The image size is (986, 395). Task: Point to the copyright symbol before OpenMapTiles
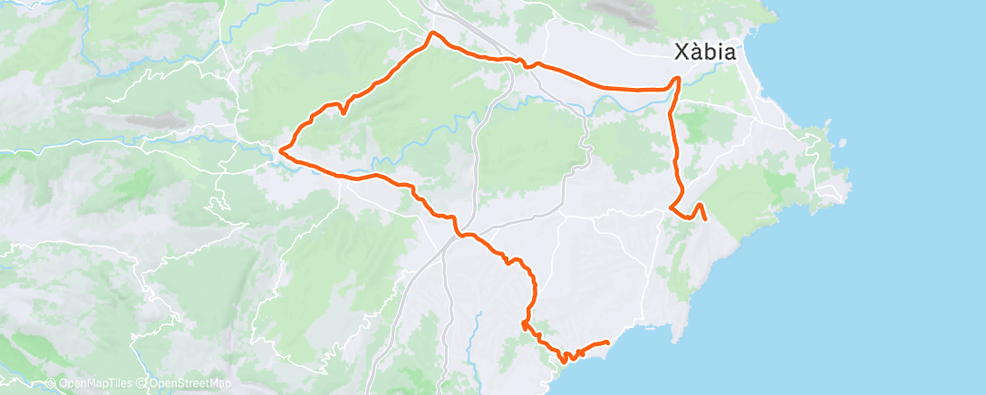coord(50,384)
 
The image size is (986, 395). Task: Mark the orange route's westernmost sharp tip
coord(281,150)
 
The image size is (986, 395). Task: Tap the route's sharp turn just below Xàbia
coord(676,79)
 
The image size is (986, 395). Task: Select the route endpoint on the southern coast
coord(606,342)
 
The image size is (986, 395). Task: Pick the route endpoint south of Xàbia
coord(705,218)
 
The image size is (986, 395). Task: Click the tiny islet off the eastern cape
coord(844,142)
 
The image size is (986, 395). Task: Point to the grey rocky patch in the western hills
coord(145,120)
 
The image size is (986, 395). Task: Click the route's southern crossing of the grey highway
coord(460,235)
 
